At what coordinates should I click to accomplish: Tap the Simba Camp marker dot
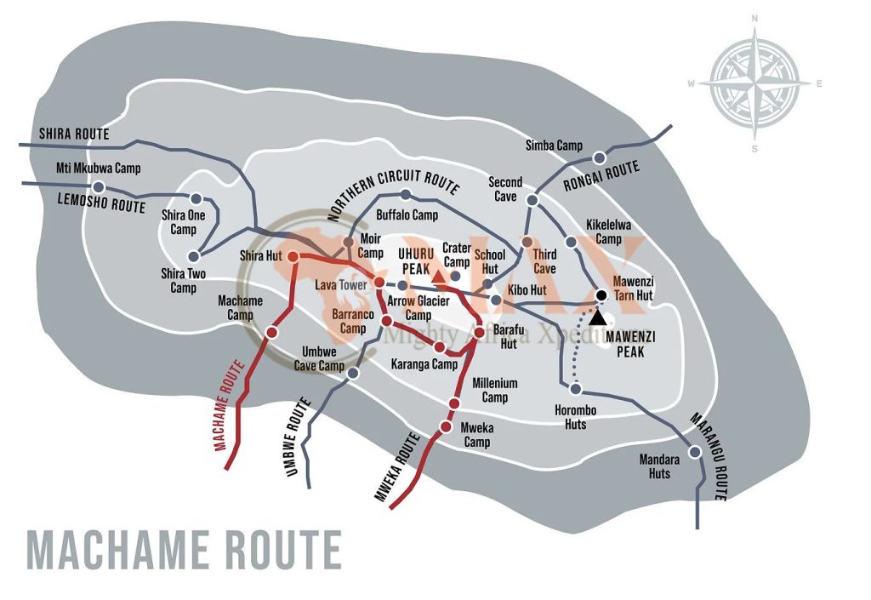click(x=600, y=157)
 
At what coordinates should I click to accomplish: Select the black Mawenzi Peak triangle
click(x=599, y=317)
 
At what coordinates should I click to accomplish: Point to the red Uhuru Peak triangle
click(x=438, y=277)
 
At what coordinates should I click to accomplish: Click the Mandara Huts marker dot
click(x=696, y=452)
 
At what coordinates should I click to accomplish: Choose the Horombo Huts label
click(x=576, y=417)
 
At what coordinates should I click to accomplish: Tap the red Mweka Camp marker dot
click(x=445, y=426)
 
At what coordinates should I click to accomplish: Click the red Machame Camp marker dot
click(x=272, y=332)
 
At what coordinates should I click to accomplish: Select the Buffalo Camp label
click(x=407, y=216)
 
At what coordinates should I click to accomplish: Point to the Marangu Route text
click(x=708, y=456)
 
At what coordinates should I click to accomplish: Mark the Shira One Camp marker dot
click(x=196, y=198)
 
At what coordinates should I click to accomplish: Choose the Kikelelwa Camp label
click(x=608, y=231)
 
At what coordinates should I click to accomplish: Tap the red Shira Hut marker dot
click(x=293, y=256)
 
